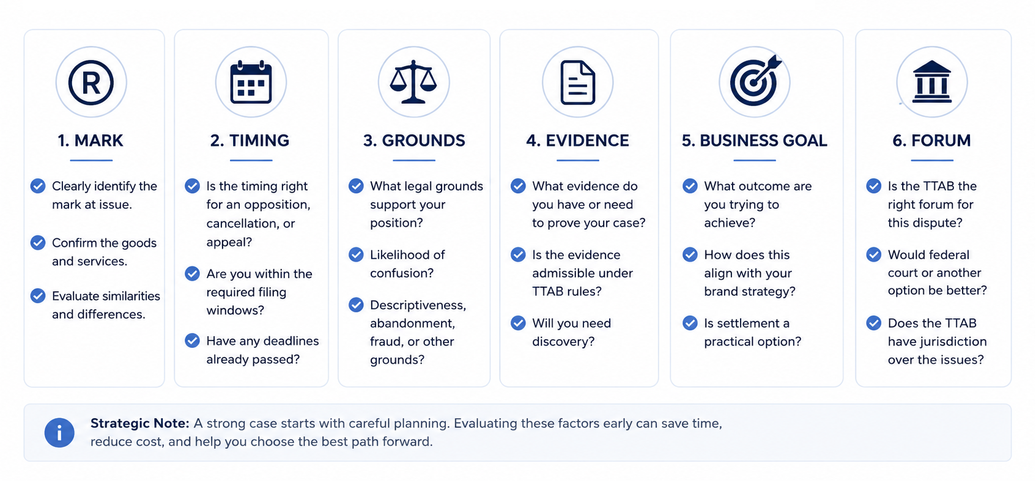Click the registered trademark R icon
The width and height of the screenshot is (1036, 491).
[91, 83]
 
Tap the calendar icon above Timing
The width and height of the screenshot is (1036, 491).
[251, 82]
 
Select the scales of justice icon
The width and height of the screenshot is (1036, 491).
[413, 82]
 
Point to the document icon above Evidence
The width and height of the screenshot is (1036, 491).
[578, 83]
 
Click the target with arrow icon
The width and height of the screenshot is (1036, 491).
[755, 81]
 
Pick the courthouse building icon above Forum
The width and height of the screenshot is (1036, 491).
[932, 82]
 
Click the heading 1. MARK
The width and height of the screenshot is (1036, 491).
[91, 141]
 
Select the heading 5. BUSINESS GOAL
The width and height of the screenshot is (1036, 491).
[754, 141]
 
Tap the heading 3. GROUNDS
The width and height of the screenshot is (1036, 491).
[414, 141]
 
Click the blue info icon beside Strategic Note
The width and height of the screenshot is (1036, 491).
[59, 433]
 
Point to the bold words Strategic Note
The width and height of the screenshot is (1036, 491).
[139, 423]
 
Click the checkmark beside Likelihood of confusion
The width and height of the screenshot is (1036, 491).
[356, 254]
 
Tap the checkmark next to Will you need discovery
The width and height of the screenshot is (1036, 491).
[518, 323]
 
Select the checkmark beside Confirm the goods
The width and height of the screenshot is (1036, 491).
[38, 243]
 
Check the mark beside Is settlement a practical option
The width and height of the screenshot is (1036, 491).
[690, 323]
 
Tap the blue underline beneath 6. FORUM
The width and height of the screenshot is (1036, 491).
[932, 160]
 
